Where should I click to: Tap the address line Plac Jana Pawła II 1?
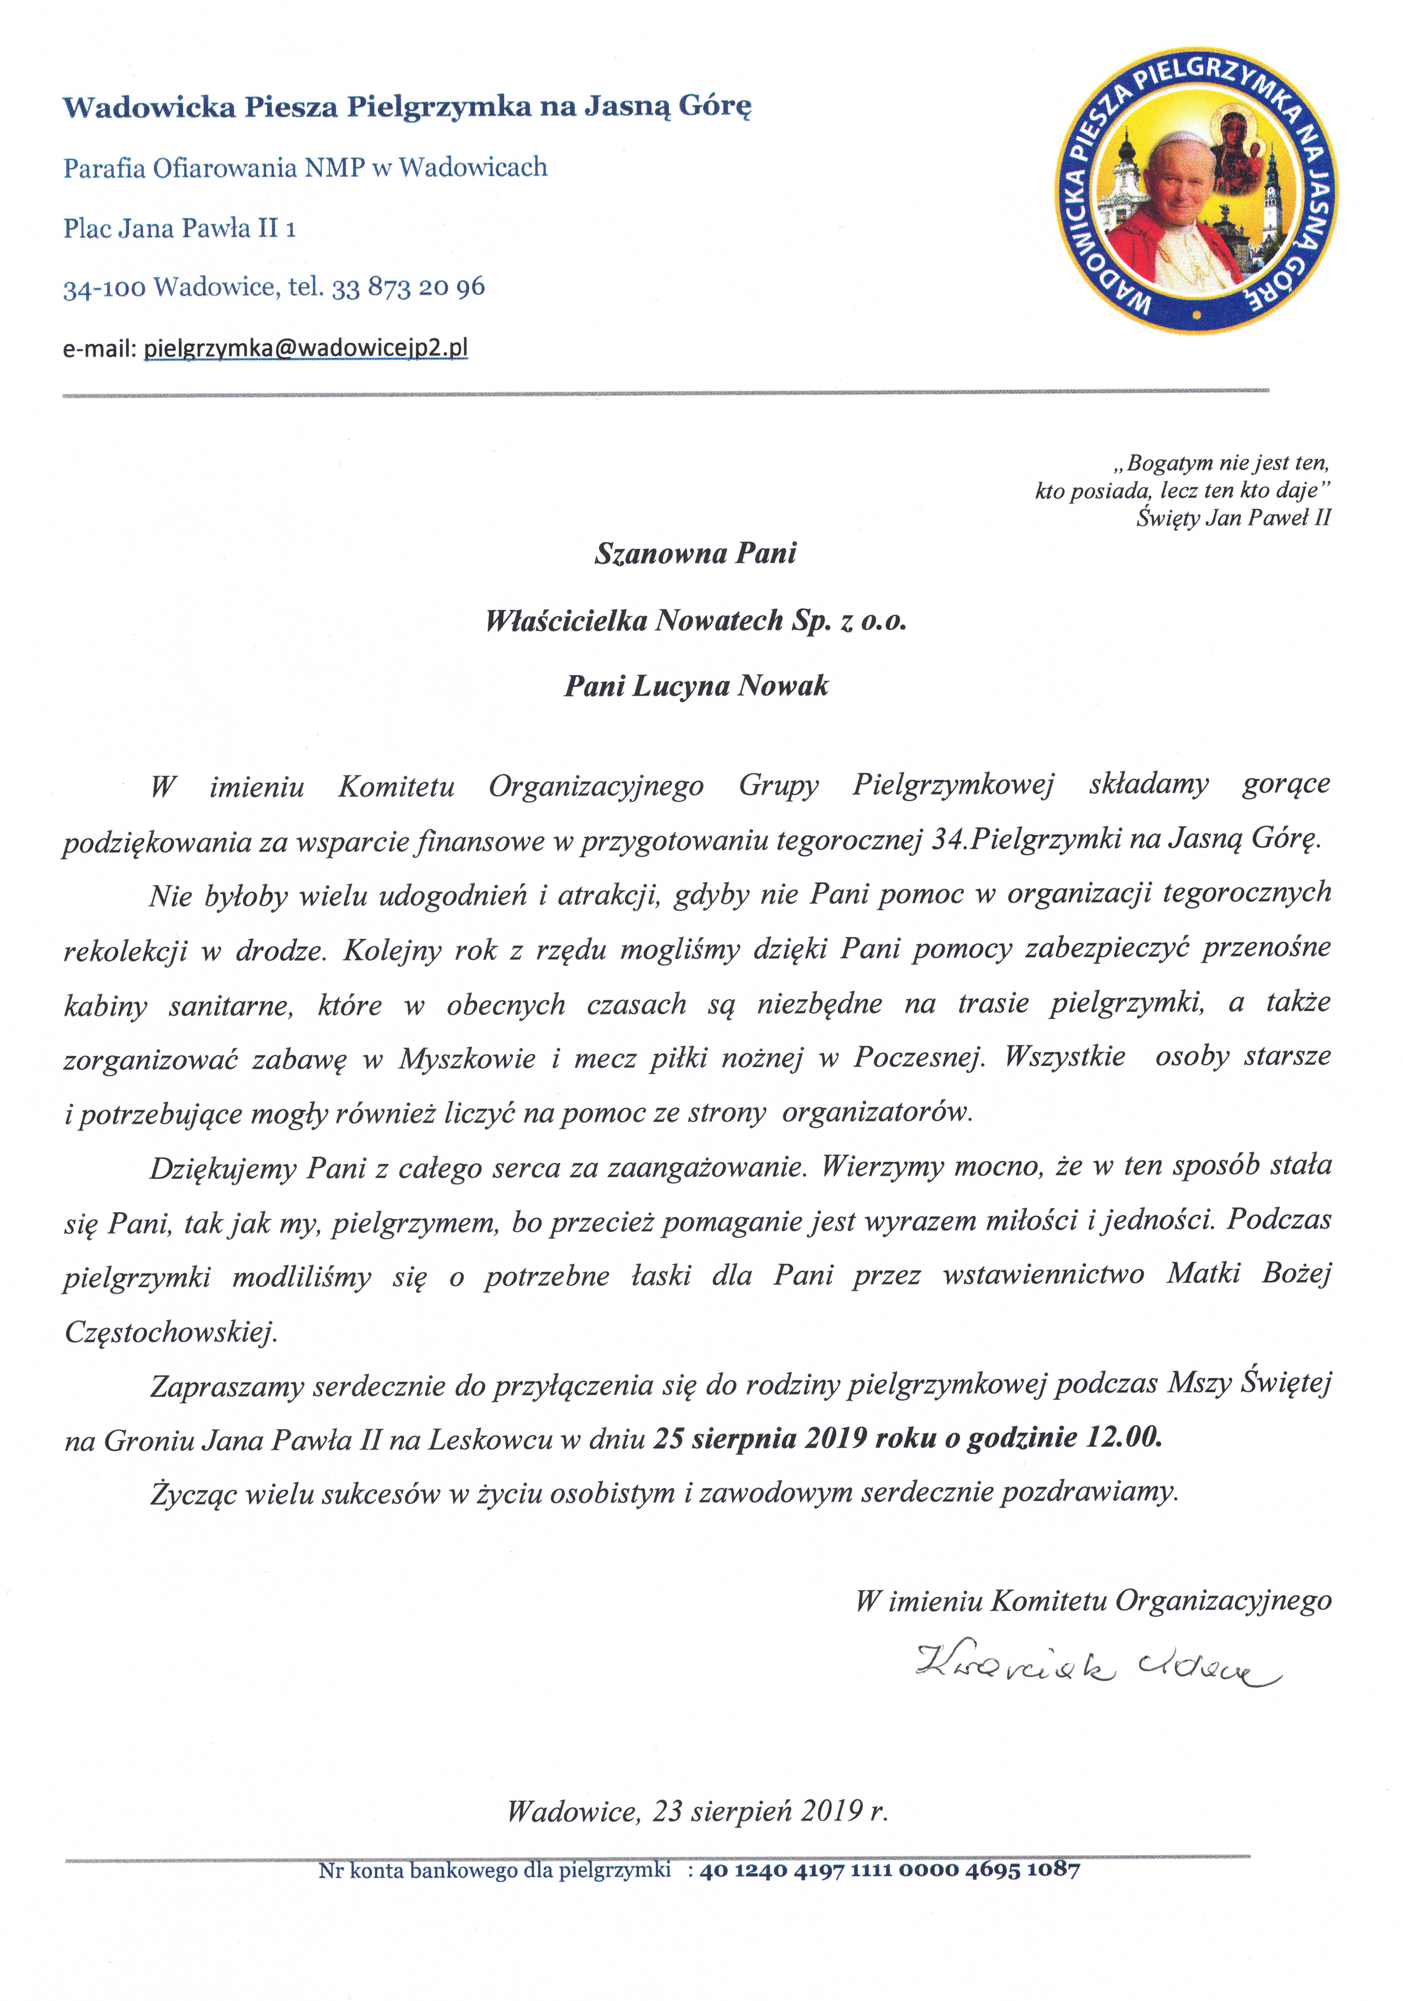179,228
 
